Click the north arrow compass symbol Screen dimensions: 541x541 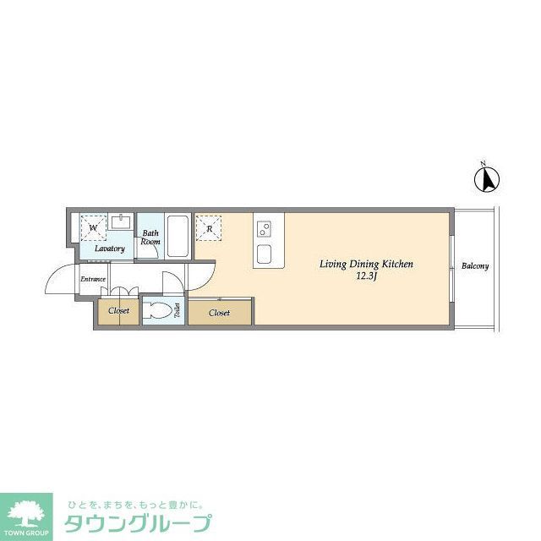(x=489, y=178)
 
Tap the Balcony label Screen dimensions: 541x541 (x=475, y=266)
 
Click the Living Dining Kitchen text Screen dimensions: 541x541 (x=365, y=265)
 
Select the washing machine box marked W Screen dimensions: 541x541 (x=92, y=227)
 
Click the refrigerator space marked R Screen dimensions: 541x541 (x=208, y=227)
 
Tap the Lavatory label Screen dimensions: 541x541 (x=109, y=249)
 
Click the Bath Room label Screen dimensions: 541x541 (x=150, y=238)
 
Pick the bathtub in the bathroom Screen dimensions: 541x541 (x=178, y=236)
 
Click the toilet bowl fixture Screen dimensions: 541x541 (x=157, y=310)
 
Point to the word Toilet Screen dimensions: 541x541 (x=177, y=311)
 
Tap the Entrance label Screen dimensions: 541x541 (x=93, y=279)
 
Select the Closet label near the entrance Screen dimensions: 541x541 (x=118, y=311)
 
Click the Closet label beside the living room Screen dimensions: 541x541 (x=219, y=313)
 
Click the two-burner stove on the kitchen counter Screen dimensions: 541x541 (x=265, y=227)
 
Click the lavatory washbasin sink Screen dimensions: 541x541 (x=121, y=223)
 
